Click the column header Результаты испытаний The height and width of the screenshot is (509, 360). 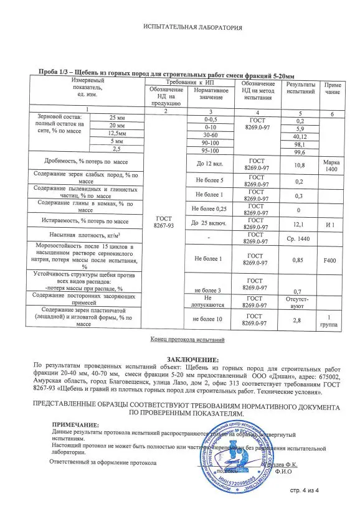(x=300, y=88)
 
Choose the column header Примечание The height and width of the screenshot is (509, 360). (x=332, y=88)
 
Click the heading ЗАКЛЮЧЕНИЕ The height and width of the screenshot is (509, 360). (x=192, y=360)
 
